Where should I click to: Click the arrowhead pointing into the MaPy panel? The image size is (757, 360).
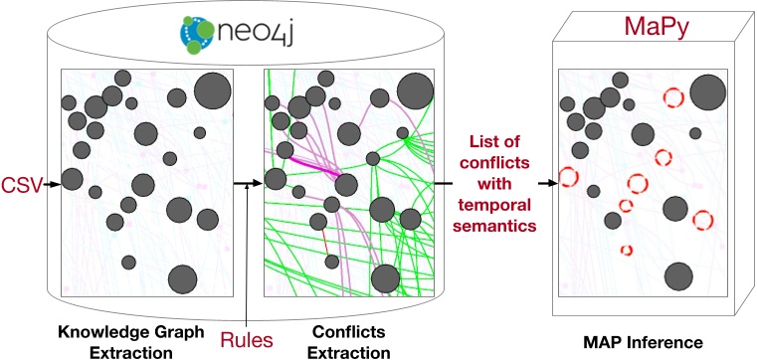549,183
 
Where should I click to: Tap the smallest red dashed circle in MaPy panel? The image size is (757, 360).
627,250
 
